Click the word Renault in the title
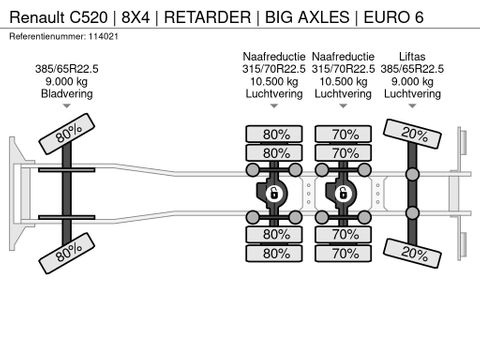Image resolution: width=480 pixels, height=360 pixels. point(37,17)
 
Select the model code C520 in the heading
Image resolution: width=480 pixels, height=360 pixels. point(89,17)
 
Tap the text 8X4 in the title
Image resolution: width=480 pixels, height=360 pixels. point(135,17)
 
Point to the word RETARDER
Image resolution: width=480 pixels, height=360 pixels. point(207,17)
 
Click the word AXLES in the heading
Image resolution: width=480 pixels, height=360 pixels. point(323,17)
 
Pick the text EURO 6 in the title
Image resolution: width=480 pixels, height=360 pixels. point(393,17)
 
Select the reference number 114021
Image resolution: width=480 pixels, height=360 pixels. point(103,36)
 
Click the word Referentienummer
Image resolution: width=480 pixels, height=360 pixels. point(47,36)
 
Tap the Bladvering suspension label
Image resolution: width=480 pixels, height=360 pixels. point(67,94)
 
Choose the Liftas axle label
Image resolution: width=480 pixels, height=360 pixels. point(412,56)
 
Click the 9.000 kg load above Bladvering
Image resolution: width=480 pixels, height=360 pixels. point(67,81)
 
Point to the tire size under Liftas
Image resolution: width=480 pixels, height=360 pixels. point(412,69)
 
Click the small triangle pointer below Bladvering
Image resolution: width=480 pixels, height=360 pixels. point(67,106)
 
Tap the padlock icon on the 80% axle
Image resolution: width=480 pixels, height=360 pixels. point(274,193)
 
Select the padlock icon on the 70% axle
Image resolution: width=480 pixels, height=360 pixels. point(343,193)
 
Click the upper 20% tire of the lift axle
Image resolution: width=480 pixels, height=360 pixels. point(412,134)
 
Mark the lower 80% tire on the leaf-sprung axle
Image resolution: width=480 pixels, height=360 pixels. point(67,253)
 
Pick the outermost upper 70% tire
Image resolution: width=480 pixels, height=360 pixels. point(343,134)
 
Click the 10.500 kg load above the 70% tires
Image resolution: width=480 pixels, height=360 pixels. point(343,81)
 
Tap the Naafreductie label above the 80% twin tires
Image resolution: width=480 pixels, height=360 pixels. point(274,56)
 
